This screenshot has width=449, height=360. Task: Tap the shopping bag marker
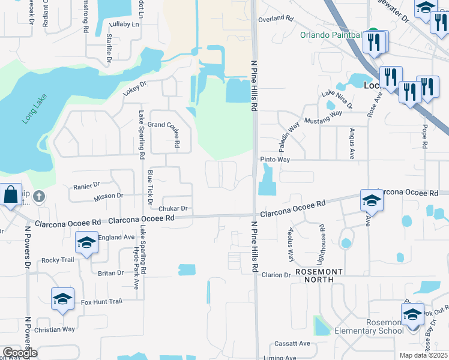click(x=11, y=195)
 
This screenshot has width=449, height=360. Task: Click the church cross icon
click(x=39, y=196)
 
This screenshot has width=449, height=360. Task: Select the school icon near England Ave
click(x=86, y=243)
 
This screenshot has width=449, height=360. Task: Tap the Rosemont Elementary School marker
click(x=412, y=315)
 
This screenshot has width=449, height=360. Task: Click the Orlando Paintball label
click(x=332, y=34)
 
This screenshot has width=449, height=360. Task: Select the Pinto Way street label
click(x=275, y=160)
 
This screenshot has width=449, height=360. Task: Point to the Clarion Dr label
click(x=276, y=275)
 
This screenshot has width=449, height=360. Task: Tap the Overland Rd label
click(x=274, y=19)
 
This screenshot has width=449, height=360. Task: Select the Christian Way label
click(x=55, y=329)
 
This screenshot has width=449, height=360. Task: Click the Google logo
click(x=19, y=352)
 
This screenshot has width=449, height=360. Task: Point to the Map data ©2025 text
click(x=423, y=355)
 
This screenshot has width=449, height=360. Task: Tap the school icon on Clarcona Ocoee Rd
click(x=371, y=201)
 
